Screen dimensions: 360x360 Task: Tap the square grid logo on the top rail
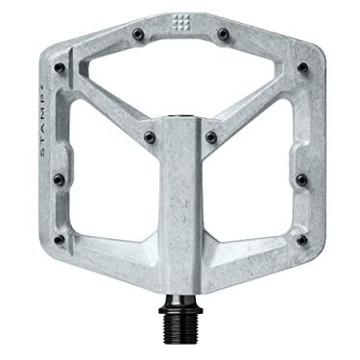180,25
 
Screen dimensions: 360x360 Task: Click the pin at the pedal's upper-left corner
61,67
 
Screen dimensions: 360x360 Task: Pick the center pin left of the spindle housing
150,137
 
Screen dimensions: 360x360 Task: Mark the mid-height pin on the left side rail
59,179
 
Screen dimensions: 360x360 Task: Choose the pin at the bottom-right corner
301,240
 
